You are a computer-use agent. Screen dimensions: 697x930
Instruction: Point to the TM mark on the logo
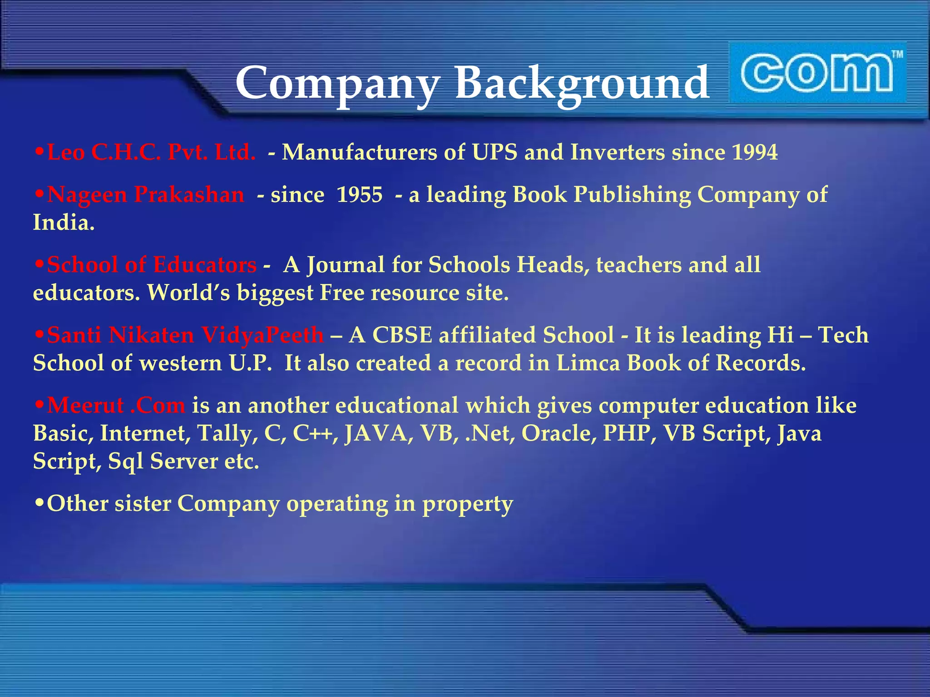point(897,55)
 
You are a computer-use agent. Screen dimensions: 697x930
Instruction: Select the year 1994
point(755,152)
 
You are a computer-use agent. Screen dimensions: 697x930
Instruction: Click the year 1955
point(360,195)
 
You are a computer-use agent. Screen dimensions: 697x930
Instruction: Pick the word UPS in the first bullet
point(495,152)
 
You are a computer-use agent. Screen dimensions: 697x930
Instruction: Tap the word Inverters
point(618,152)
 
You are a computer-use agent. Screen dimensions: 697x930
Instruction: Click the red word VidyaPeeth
point(262,335)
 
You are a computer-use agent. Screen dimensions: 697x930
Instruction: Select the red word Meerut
point(86,405)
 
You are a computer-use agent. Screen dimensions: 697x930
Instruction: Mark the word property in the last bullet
point(468,504)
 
